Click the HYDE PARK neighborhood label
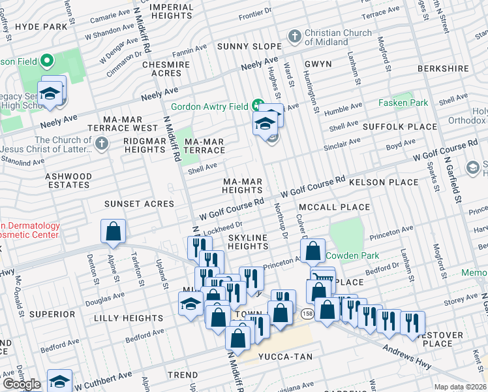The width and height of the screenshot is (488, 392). pos(42,27)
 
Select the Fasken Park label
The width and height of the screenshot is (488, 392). pos(403,103)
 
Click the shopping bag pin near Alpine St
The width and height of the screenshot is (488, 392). pos(114,231)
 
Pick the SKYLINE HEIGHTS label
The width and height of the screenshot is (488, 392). pos(248,241)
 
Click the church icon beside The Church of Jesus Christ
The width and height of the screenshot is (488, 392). pos(101,143)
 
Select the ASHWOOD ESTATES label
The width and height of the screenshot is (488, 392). pos(69,180)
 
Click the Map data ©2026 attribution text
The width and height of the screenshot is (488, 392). pos(461,387)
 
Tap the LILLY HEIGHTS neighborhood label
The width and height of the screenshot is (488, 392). pos(127,318)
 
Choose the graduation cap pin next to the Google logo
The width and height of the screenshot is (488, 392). pos(59,381)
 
